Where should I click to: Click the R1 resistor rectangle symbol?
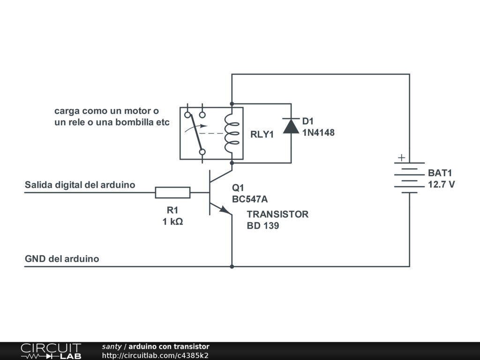[172, 192]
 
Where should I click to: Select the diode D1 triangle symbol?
[291, 126]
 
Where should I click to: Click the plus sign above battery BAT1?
[401, 158]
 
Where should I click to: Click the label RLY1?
[262, 135]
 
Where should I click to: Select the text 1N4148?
[318, 133]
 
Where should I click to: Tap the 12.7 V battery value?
[441, 184]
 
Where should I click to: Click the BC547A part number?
[250, 199]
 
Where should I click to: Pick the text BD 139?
[263, 226]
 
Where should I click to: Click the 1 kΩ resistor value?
[172, 222]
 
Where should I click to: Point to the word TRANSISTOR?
[277, 214]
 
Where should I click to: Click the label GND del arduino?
[62, 259]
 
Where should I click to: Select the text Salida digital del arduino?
[80, 185]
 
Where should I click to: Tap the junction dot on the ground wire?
[232, 267]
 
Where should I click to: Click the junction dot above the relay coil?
[232, 103]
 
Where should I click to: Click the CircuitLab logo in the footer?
[51, 351]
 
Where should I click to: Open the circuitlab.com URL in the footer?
[155, 355]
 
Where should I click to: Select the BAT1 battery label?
[441, 173]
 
